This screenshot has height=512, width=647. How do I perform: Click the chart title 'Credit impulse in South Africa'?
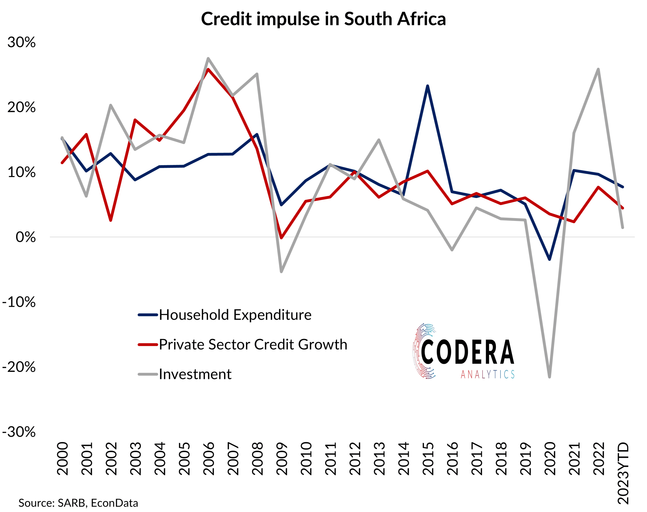(323, 19)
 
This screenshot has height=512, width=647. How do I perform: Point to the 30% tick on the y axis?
(21, 42)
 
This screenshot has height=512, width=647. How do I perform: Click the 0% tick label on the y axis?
(26, 237)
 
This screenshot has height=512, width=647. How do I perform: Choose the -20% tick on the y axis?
(19, 367)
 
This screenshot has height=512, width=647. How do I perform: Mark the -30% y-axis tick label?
(19, 432)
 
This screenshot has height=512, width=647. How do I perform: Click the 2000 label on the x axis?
(62, 458)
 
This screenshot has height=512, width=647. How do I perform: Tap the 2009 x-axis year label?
(282, 458)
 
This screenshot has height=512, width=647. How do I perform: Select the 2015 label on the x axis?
(428, 458)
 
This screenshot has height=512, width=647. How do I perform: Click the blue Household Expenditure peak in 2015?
(427, 86)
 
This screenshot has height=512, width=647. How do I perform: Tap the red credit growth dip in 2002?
(111, 220)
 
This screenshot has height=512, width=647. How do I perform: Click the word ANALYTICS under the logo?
(488, 374)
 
